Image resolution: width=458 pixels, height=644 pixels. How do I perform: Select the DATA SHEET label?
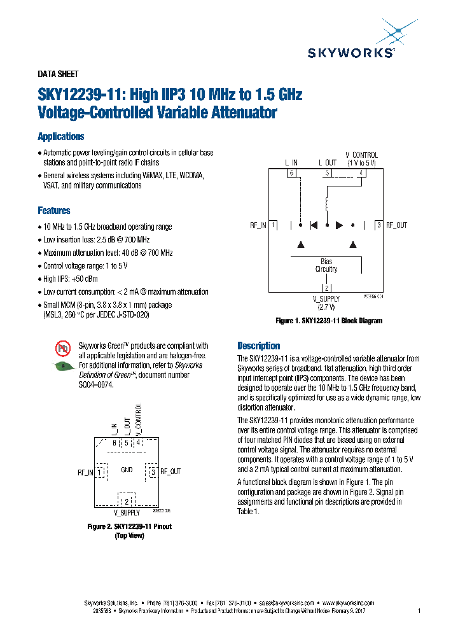click(x=58, y=74)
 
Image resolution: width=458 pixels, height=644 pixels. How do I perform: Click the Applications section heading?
click(x=60, y=136)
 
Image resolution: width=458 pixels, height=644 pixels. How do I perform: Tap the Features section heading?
click(x=54, y=211)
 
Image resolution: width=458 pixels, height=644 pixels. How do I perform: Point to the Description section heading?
click(x=258, y=346)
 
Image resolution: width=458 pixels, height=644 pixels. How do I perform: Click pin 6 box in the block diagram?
click(x=291, y=173)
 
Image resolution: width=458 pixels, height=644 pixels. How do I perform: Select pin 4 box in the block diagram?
click(x=361, y=173)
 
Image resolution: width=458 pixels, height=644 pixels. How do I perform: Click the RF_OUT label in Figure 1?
click(x=397, y=225)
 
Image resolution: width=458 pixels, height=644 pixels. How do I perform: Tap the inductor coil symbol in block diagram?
click(x=327, y=205)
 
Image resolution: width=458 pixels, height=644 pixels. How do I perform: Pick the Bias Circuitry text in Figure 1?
click(x=326, y=265)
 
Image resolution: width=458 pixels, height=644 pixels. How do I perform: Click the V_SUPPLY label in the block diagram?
click(x=326, y=299)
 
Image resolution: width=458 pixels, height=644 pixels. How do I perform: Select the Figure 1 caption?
click(x=328, y=321)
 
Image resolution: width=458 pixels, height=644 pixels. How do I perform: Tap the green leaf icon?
click(x=63, y=366)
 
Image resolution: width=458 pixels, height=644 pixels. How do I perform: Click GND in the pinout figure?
click(x=126, y=470)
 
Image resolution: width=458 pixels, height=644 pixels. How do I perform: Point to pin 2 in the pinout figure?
click(x=126, y=501)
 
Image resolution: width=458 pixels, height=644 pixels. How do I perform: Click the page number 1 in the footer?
click(x=419, y=611)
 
